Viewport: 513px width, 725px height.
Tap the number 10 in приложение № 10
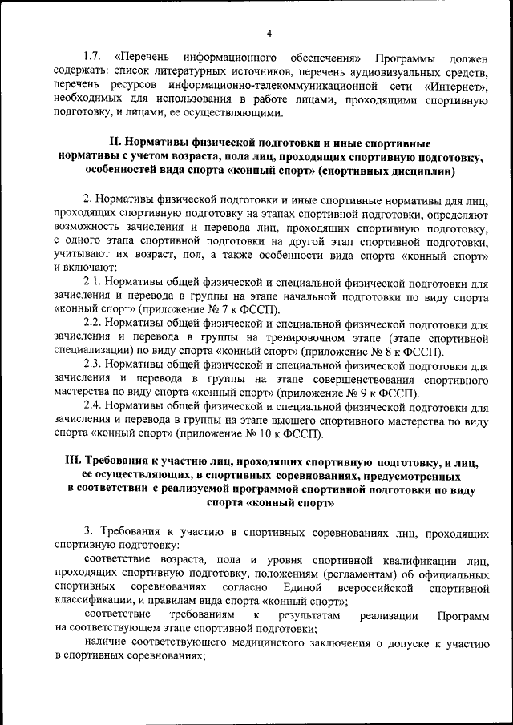pos(268,434)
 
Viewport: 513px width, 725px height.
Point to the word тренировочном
pos(299,338)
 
